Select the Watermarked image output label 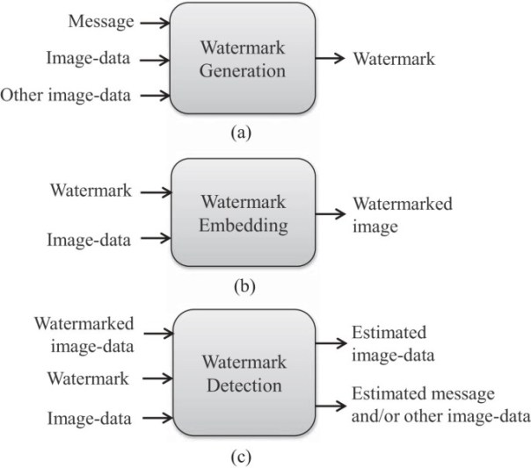click(403, 215)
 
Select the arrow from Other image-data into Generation click(155, 95)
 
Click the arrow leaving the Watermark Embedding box click(331, 213)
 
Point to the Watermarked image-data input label click(85, 335)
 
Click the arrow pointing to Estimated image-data click(331, 344)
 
